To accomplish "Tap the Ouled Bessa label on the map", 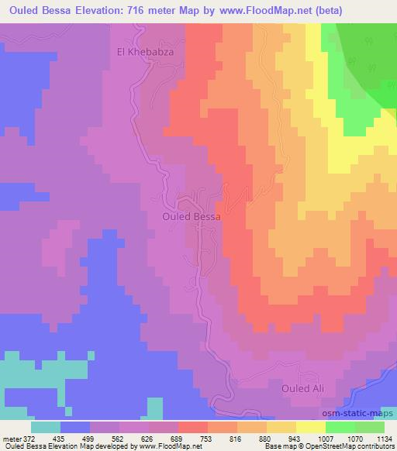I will (192, 218).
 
